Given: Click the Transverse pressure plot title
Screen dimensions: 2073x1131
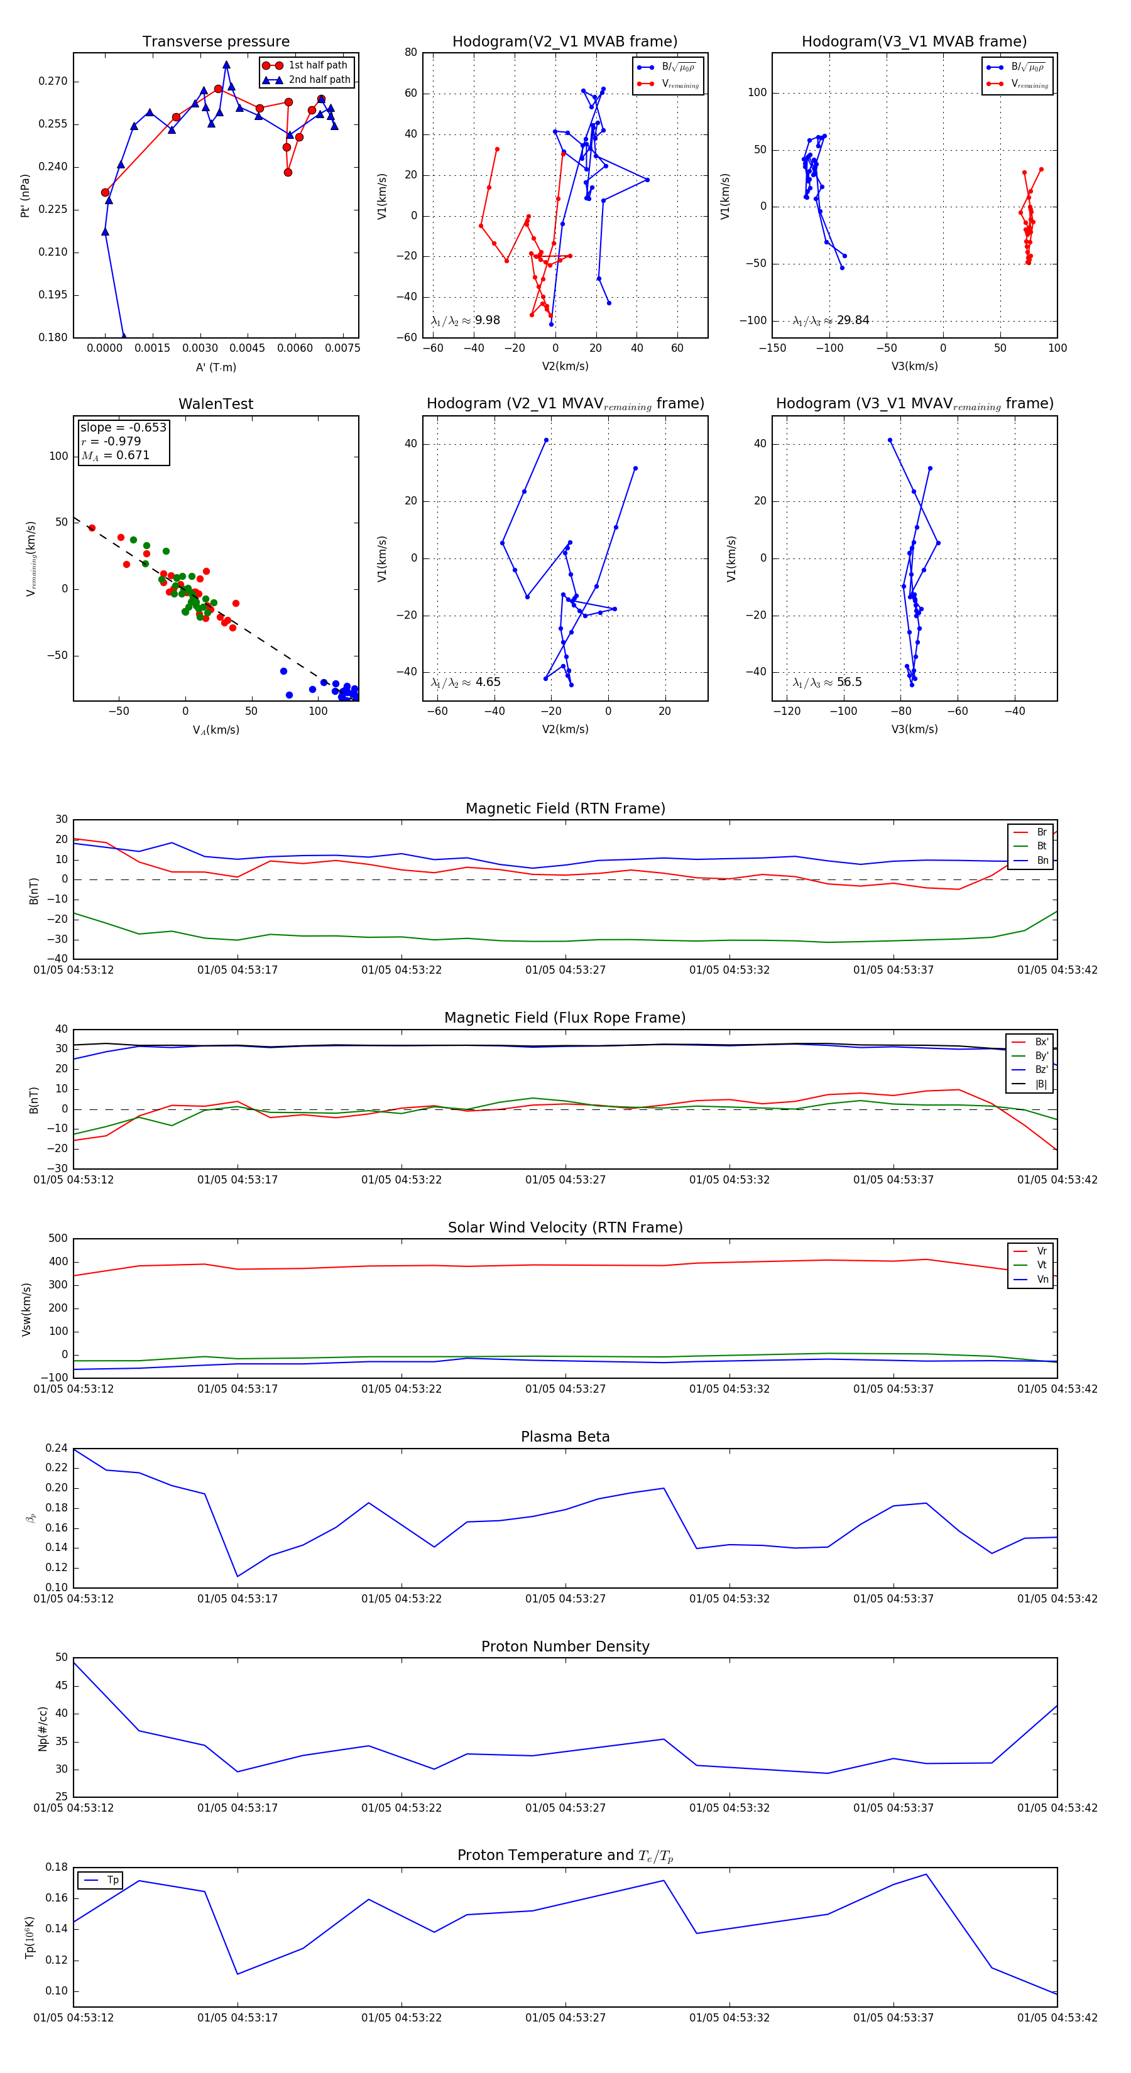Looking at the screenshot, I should pos(216,42).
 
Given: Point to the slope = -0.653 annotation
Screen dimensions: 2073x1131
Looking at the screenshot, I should pos(123,427).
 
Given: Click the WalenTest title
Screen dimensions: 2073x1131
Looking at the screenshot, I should pos(216,404).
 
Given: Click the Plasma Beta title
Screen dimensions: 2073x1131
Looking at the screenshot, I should pos(565,1437).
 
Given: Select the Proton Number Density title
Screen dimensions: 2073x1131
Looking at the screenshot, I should pos(565,1646).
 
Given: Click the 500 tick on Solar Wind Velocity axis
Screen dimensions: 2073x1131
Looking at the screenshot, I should pos(58,1239).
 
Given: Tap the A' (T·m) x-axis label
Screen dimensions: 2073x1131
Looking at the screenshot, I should pos(216,367).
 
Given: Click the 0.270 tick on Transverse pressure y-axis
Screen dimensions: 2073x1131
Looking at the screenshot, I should pos(53,81).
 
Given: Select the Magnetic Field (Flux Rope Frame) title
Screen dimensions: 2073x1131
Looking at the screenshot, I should pos(565,1018).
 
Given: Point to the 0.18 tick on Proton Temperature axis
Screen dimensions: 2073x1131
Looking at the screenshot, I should pos(57,1867).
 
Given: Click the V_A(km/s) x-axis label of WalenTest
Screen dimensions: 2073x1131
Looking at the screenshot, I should pos(216,730).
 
